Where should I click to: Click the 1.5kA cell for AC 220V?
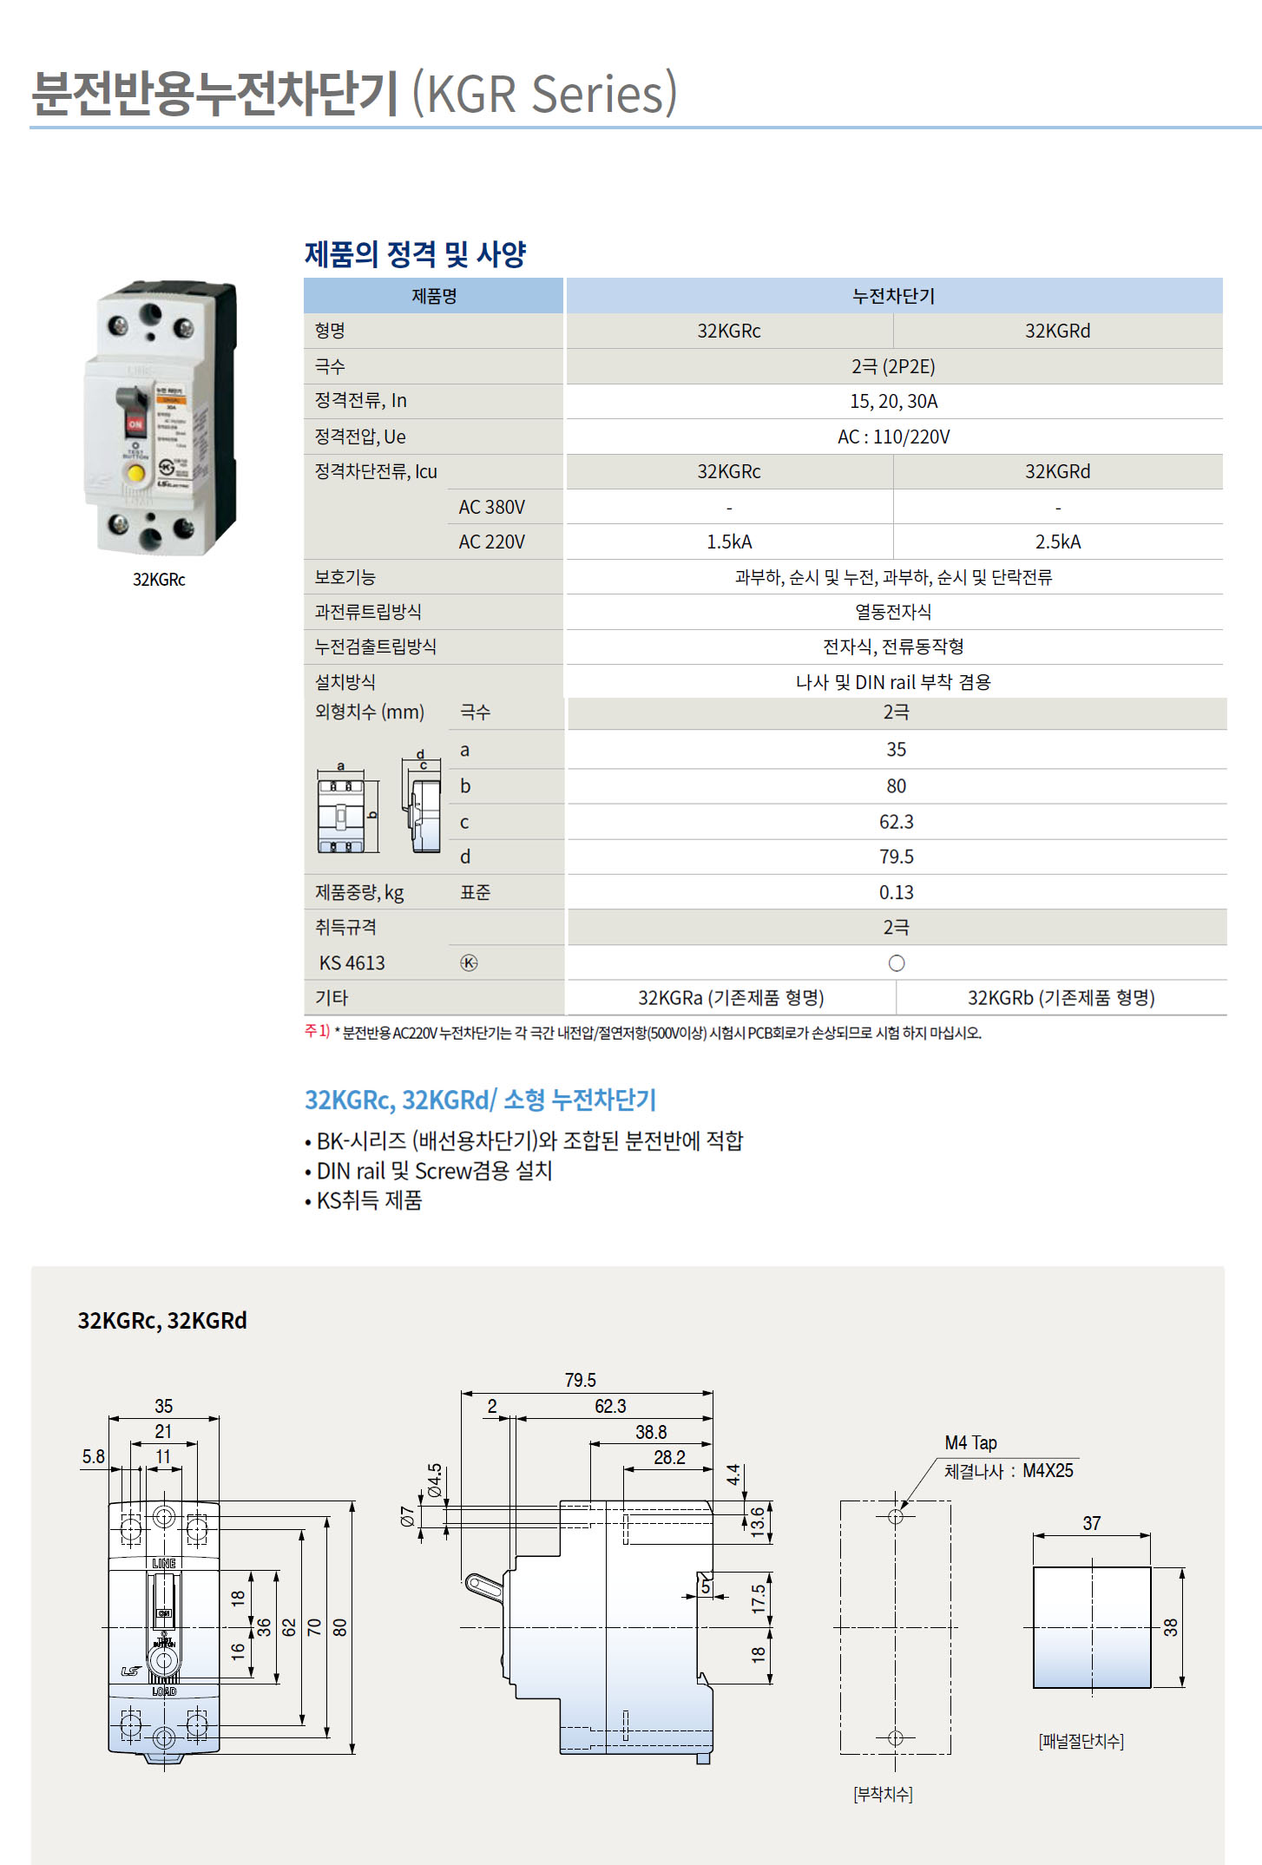(729, 542)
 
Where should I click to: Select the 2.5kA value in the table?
(1057, 542)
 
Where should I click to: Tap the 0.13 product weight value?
(896, 892)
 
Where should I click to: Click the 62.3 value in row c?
(896, 822)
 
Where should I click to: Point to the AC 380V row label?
(491, 507)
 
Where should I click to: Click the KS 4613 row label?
(352, 962)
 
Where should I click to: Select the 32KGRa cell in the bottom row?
(730, 998)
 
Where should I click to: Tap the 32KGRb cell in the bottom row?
(1061, 998)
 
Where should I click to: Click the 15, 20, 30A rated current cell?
(893, 401)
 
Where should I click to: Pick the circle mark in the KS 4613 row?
(897, 963)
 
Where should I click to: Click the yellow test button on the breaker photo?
(136, 473)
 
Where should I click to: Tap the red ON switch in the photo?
(135, 423)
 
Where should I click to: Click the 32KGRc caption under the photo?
(159, 580)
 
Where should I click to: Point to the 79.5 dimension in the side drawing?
(580, 1380)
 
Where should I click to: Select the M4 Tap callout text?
(970, 1442)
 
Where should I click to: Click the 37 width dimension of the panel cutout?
(1091, 1523)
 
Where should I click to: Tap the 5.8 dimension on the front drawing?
(93, 1456)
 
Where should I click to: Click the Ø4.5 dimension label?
(435, 1481)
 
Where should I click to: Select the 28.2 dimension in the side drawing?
(669, 1457)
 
